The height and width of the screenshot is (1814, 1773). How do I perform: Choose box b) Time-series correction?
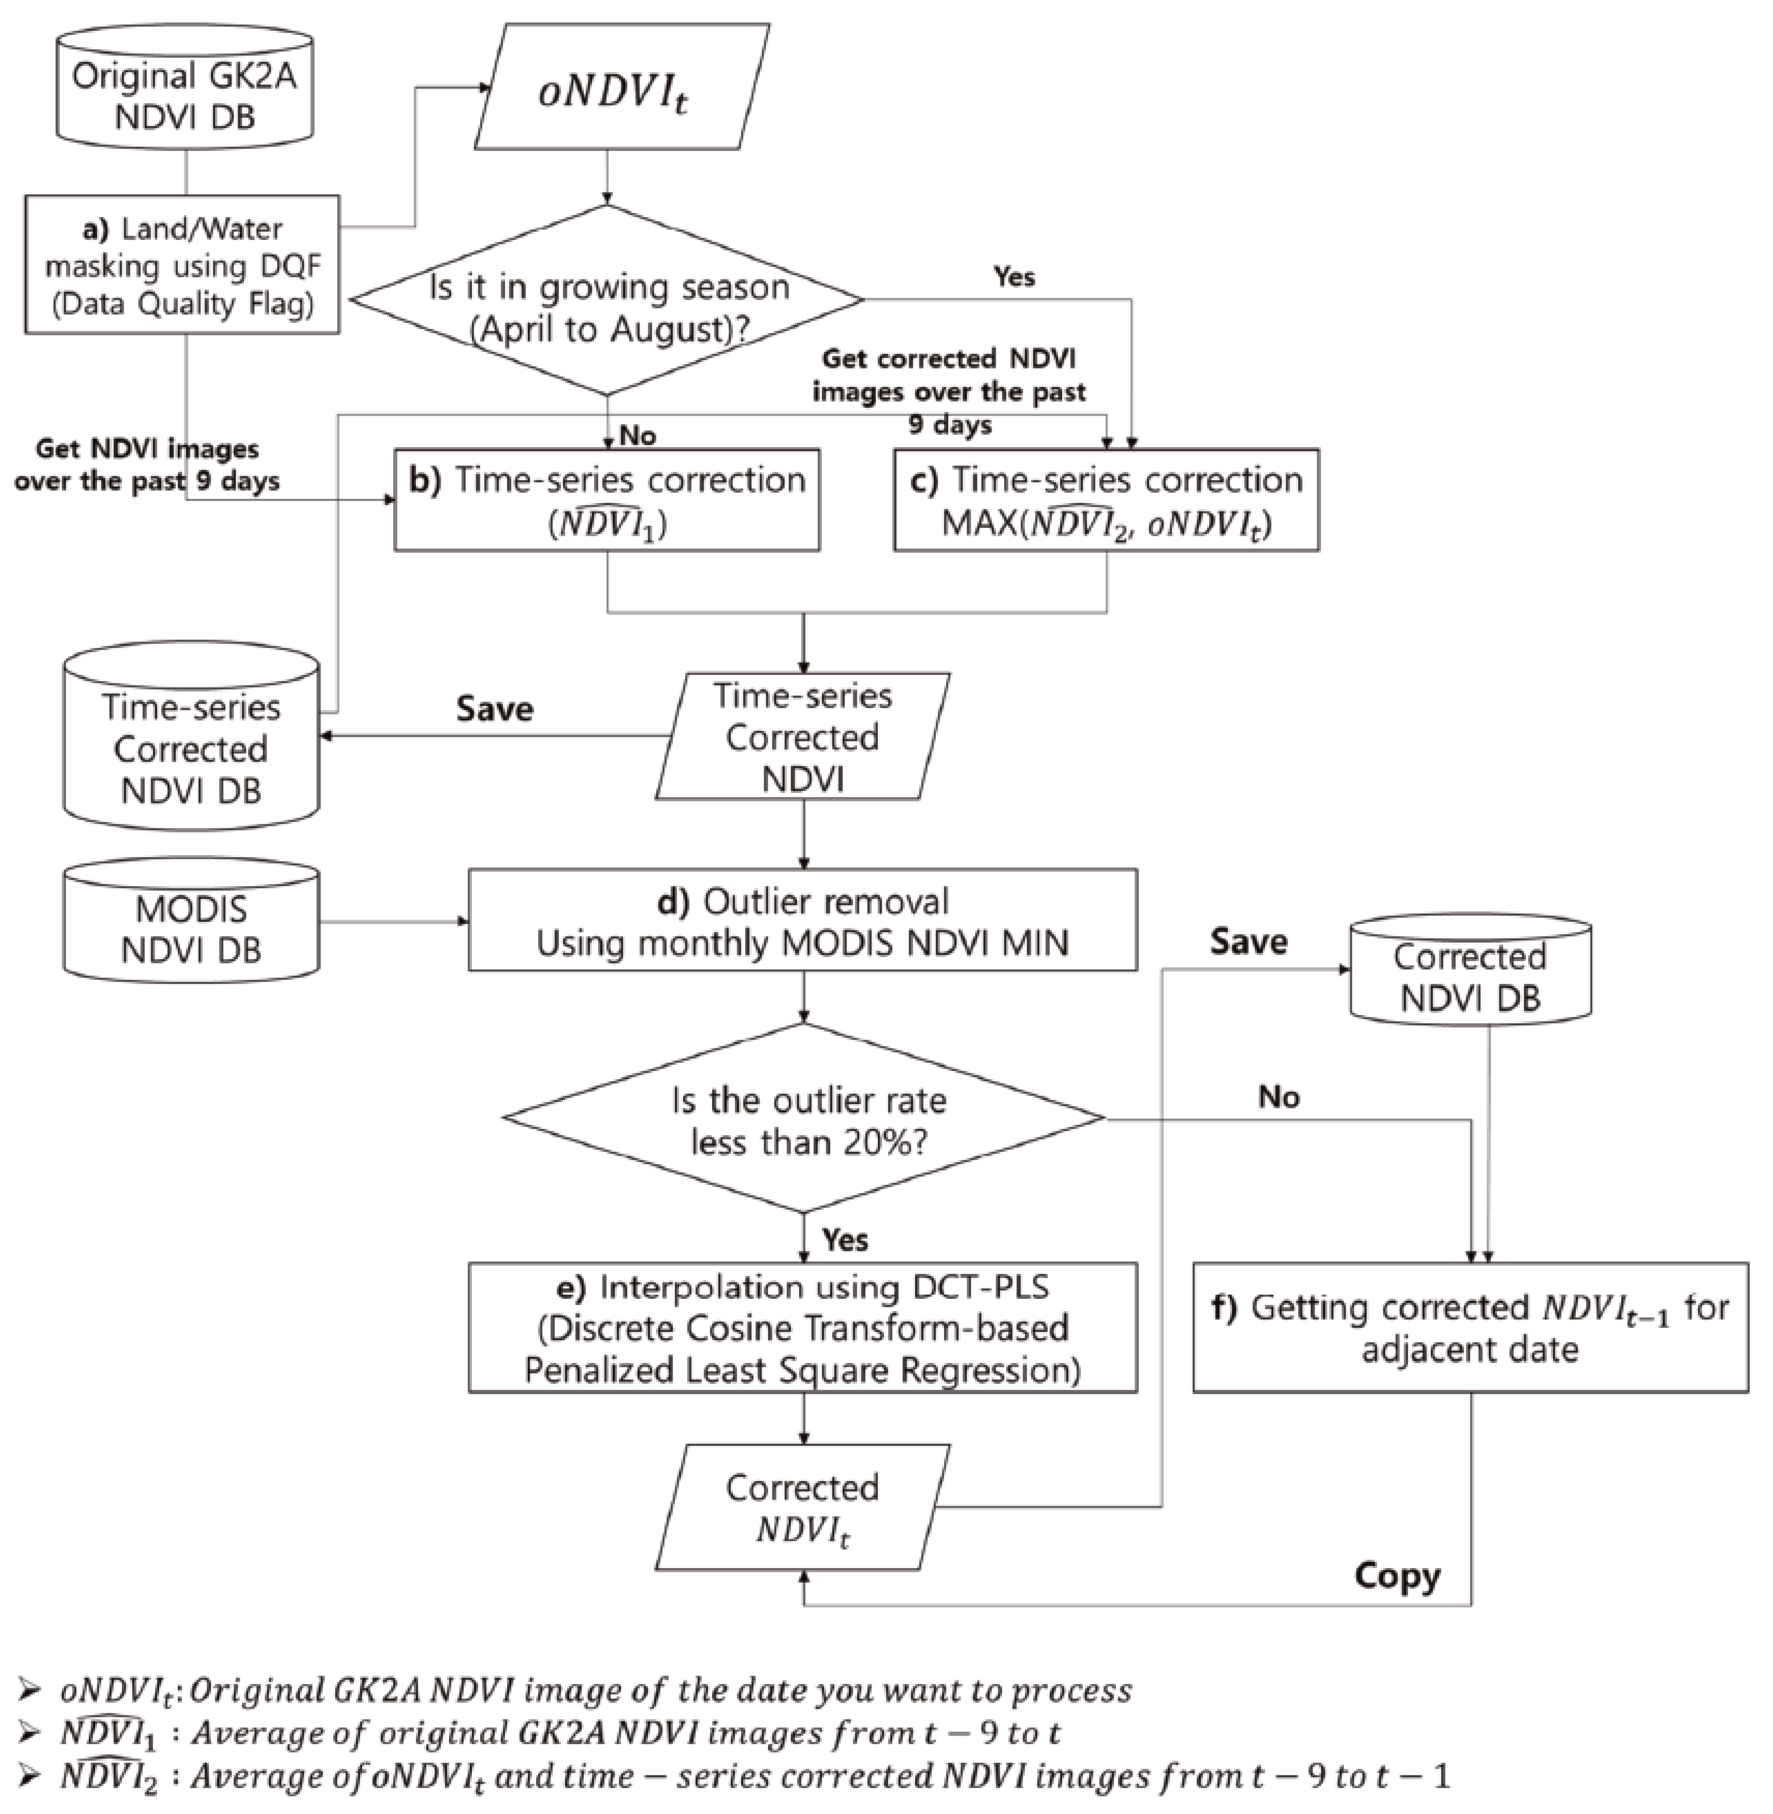[607, 500]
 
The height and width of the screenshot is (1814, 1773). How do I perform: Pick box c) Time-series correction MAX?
[1106, 500]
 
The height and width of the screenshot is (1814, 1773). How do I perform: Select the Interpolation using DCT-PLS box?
[803, 1328]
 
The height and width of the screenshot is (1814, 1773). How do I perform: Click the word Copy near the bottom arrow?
[1397, 1575]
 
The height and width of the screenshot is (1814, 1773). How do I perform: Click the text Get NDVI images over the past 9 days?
[147, 465]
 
